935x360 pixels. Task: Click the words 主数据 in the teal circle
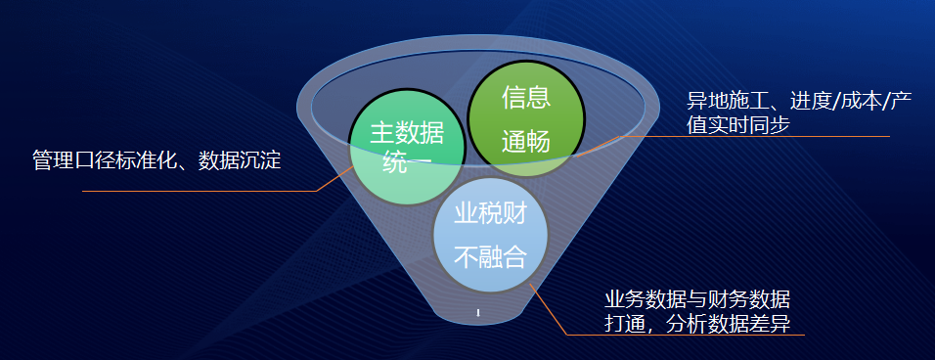407,133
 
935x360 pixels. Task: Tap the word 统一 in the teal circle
407,161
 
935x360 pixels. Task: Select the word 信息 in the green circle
525,98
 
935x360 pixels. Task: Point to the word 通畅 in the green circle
525,142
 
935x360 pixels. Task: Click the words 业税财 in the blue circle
490,213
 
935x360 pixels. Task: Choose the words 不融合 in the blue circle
490,257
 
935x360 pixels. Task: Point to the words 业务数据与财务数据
697,299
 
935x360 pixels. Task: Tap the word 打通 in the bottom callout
625,324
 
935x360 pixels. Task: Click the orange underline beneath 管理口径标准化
200,192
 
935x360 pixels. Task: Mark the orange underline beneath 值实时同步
755,137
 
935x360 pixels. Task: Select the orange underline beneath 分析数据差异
686,335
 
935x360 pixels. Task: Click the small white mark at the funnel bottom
478,312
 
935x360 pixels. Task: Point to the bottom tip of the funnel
478,324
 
